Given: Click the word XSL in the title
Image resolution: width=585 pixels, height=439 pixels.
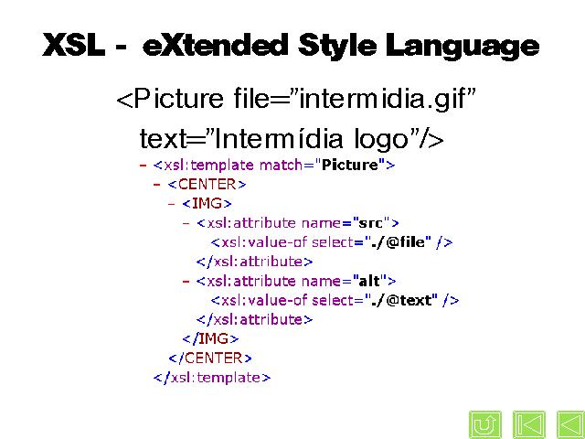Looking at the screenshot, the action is [73, 45].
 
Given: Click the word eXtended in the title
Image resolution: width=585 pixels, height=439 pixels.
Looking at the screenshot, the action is [216, 45].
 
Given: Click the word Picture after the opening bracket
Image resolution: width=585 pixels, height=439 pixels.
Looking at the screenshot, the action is [178, 99].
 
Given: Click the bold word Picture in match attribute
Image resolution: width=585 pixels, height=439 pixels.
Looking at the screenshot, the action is [350, 165].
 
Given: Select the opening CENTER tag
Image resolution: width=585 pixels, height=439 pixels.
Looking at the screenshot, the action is [207, 184].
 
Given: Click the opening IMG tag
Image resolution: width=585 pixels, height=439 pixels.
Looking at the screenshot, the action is [207, 203].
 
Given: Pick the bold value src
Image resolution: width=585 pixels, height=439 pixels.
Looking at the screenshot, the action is [370, 223].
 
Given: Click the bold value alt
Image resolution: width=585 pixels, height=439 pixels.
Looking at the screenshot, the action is [369, 281].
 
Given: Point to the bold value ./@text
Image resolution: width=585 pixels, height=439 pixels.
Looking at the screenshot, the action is [402, 300].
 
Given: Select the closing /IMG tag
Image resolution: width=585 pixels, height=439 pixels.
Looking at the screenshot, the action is [210, 339].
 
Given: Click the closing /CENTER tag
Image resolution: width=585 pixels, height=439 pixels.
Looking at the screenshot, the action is [210, 359].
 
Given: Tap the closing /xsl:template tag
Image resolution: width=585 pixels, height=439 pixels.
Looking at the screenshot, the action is [212, 378].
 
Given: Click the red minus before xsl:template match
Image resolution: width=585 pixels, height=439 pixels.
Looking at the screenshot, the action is [143, 165].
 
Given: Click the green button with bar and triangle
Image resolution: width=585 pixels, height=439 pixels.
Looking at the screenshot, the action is [529, 424].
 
